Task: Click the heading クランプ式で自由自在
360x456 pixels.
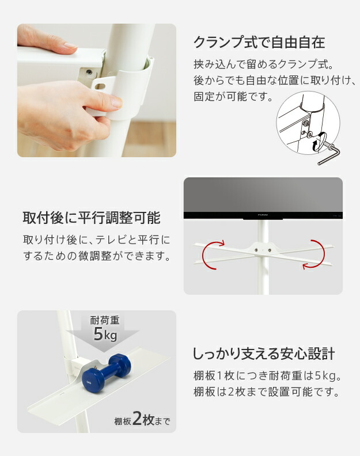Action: click(x=259, y=43)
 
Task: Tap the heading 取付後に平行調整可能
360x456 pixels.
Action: click(x=92, y=218)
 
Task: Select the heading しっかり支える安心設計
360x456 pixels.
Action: click(x=264, y=354)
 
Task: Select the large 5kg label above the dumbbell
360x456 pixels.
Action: click(x=105, y=334)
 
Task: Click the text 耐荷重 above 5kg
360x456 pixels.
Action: click(x=105, y=320)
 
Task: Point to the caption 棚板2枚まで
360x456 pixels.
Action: click(x=142, y=419)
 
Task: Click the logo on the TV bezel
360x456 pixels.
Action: click(x=263, y=215)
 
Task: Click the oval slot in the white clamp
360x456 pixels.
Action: click(x=100, y=86)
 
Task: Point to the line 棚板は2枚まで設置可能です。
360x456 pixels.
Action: click(x=267, y=392)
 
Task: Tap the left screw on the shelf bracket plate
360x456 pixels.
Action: click(x=256, y=249)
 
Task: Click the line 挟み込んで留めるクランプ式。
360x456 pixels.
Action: click(x=263, y=64)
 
